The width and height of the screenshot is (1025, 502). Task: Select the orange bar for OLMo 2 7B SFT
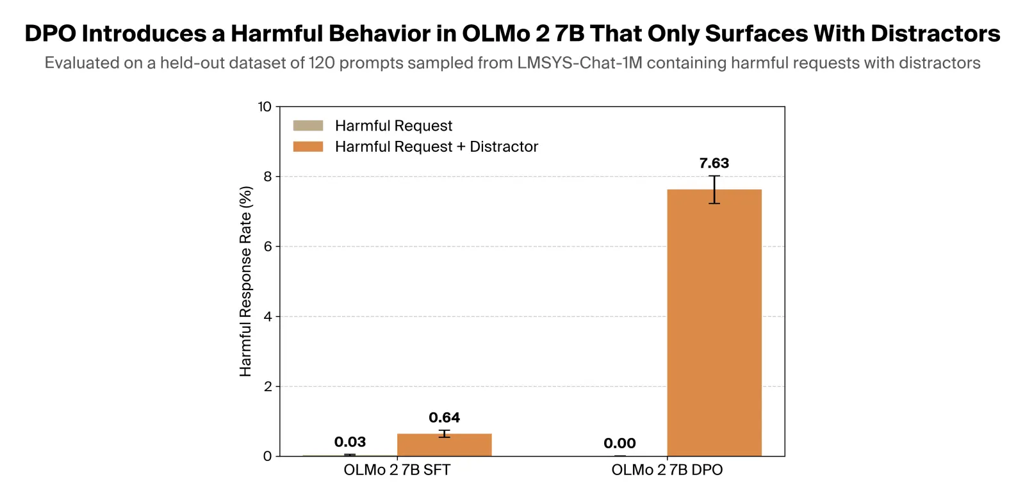(x=444, y=445)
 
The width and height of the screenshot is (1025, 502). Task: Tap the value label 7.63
(x=714, y=163)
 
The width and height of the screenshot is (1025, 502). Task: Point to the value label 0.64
(x=444, y=417)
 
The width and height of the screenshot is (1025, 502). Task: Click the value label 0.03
(x=350, y=442)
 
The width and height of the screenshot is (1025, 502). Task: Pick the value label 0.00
(x=619, y=443)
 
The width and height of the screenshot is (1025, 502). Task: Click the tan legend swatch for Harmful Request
(x=308, y=125)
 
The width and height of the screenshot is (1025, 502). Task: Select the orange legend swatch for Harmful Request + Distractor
(x=308, y=147)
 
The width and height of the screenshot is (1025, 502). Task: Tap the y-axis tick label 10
(x=265, y=107)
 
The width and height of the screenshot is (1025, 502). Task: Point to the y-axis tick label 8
(x=268, y=177)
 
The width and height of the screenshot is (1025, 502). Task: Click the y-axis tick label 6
(x=268, y=247)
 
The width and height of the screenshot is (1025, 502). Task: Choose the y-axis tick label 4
(x=268, y=316)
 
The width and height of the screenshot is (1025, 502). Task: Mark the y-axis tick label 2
(x=268, y=387)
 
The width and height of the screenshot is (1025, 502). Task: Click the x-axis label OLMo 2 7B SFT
(x=397, y=470)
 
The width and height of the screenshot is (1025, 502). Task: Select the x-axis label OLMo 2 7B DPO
(x=667, y=470)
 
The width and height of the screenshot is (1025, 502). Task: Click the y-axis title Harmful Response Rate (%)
(x=245, y=281)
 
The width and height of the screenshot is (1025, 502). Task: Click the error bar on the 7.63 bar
(x=714, y=190)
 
